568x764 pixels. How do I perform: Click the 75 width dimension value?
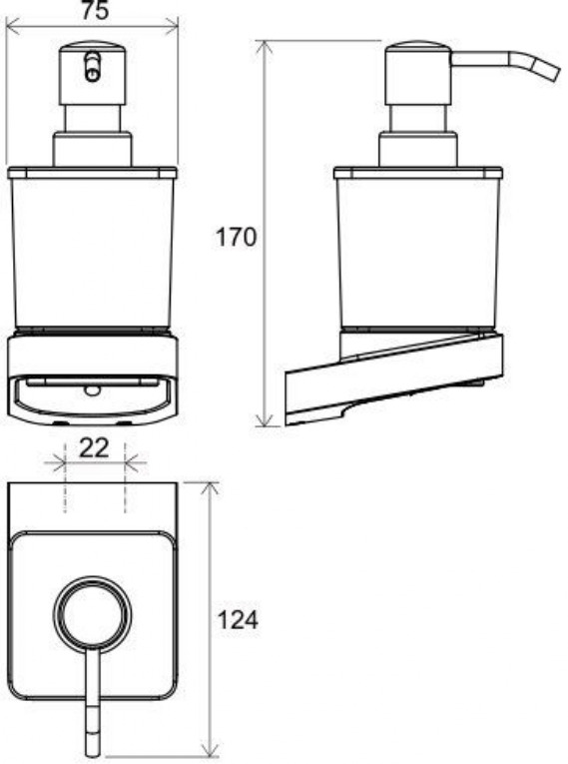point(95,10)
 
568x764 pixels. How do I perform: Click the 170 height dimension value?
point(236,238)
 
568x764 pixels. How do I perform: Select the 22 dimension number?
point(94,447)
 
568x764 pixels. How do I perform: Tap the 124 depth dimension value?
point(238,620)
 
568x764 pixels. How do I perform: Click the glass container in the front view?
point(92,249)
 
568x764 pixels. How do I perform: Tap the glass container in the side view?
point(418,249)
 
